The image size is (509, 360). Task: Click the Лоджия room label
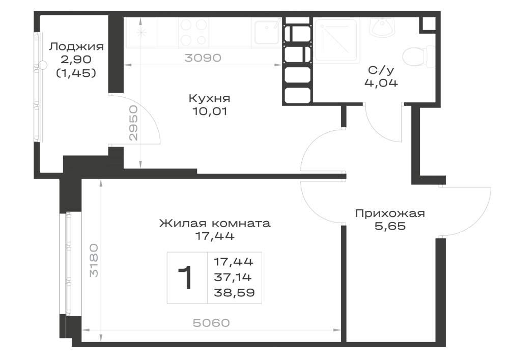pos(76,47)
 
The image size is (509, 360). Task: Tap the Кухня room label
pos(209,98)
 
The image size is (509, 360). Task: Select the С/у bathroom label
pos(381,70)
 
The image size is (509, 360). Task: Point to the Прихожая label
pos(390,213)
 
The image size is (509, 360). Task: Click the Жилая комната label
pos(215,224)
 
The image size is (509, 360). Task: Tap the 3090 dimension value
pos(203,58)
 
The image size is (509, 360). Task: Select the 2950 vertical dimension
pos(133,123)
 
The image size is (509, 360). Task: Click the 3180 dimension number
pos(94,260)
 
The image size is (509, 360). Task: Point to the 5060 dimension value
pos(211,323)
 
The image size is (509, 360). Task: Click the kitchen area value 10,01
pos(210,112)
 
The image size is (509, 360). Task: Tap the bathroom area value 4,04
pos(381,83)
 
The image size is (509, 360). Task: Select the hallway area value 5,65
pos(390,226)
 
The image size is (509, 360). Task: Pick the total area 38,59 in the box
pos(234,293)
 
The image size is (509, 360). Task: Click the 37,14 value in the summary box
pos(233,277)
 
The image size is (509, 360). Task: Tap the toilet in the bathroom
pos(417,57)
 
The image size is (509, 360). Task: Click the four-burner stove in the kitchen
pos(193,32)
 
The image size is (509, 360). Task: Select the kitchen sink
pos(267,32)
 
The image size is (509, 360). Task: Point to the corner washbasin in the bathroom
pos(382,26)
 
